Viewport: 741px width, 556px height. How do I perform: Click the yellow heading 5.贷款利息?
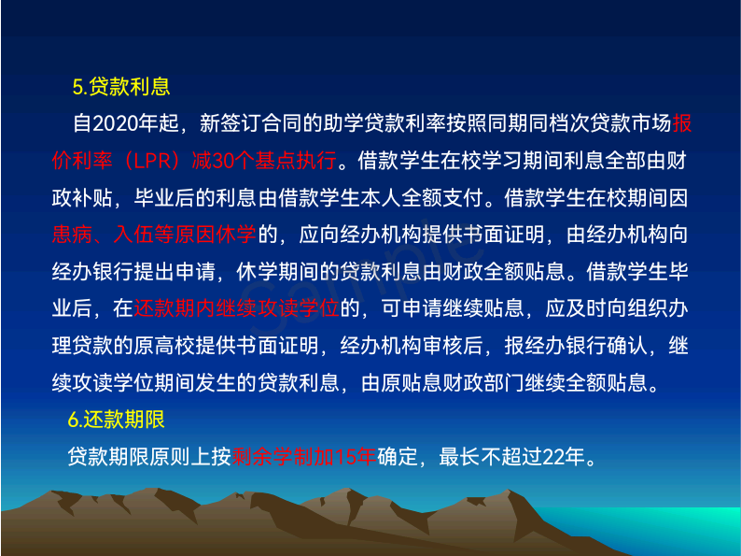coord(121,87)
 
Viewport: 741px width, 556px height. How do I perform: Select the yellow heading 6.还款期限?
coord(117,420)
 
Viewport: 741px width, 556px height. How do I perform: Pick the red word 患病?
coord(72,235)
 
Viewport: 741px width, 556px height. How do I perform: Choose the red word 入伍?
coord(133,235)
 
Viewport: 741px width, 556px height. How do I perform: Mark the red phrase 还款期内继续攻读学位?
coord(237,308)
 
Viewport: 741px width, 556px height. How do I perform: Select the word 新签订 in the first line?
coord(231,123)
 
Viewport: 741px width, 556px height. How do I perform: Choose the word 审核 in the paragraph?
coord(442,346)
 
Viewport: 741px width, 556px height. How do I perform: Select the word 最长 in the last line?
coord(459,457)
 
